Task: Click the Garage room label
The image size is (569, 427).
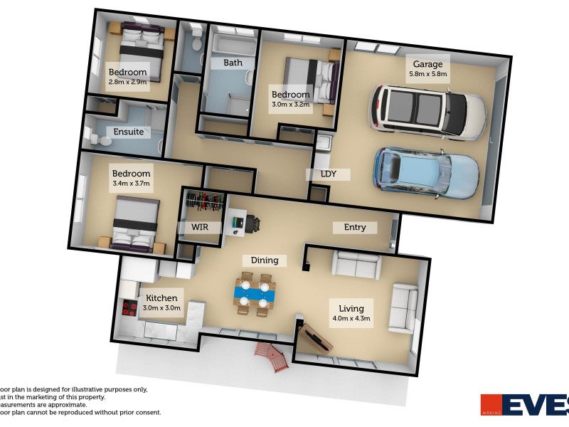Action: (x=427, y=64)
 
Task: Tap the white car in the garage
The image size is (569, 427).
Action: (x=427, y=111)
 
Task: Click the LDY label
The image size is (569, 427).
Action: (x=328, y=174)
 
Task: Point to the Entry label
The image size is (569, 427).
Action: (x=355, y=227)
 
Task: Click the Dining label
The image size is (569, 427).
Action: (x=264, y=260)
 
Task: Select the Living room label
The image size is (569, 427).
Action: (x=351, y=308)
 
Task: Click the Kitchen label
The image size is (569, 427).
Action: (x=161, y=297)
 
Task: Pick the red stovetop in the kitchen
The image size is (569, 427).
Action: (x=130, y=308)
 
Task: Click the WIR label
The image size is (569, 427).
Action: (x=199, y=228)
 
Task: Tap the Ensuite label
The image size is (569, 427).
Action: (x=128, y=132)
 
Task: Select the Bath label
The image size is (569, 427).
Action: (x=233, y=63)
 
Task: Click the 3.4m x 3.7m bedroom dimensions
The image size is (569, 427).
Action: (x=132, y=184)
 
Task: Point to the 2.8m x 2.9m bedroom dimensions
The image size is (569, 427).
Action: (x=127, y=82)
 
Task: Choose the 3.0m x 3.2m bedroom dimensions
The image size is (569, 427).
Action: (x=291, y=105)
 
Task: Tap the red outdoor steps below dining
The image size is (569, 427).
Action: (x=273, y=357)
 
